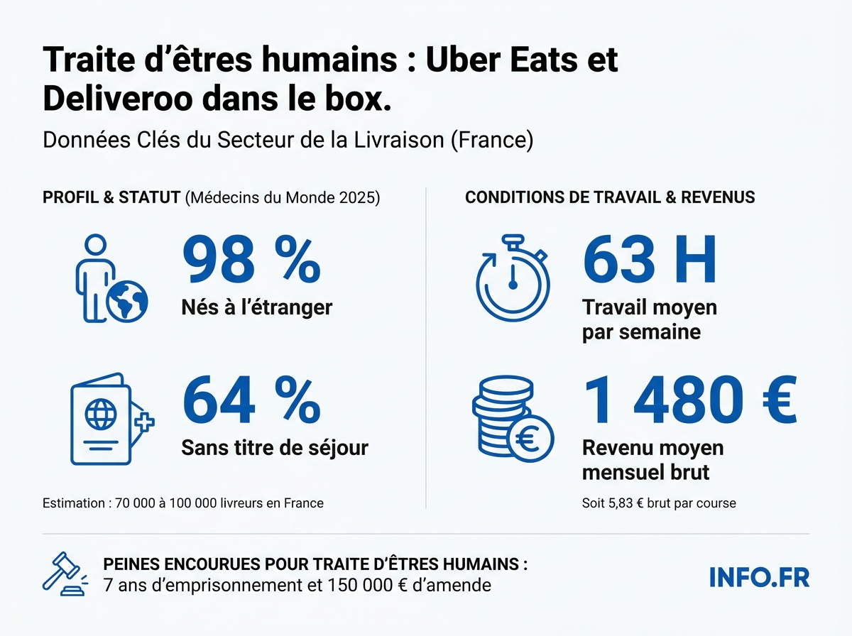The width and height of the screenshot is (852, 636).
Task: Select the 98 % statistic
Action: (x=251, y=261)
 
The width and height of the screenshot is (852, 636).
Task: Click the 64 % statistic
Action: (x=251, y=402)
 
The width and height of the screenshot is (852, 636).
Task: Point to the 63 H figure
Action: (x=649, y=261)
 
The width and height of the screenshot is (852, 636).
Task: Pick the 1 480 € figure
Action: (x=689, y=402)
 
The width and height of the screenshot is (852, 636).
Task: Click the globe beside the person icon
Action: (x=127, y=302)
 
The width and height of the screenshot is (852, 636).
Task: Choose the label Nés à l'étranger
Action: (x=257, y=307)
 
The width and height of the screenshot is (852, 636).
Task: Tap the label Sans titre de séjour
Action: (x=275, y=448)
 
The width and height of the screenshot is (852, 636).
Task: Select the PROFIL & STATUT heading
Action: (x=111, y=197)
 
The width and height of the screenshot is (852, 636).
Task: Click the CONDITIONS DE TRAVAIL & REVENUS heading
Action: (x=610, y=197)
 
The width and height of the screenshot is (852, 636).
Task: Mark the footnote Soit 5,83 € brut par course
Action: (x=658, y=503)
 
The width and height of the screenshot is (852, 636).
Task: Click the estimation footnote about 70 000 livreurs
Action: (x=183, y=503)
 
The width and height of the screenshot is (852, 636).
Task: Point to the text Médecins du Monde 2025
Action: (x=283, y=197)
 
